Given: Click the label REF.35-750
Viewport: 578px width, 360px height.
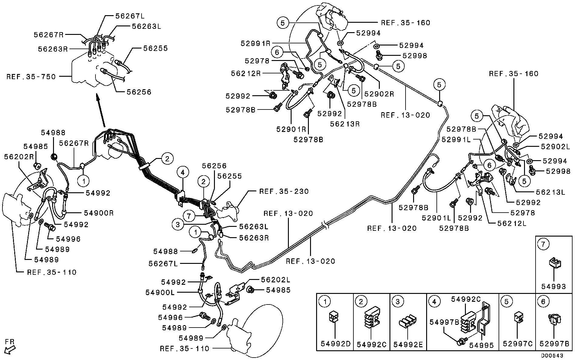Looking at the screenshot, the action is click(31, 77).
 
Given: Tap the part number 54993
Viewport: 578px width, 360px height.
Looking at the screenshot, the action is click(553, 286).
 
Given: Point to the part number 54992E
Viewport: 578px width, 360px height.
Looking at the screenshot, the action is click(408, 345).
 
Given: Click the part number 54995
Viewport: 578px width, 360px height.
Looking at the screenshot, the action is click(481, 345).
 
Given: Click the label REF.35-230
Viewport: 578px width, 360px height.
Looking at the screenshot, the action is click(284, 191).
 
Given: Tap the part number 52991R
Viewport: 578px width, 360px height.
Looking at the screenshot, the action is click(256, 43).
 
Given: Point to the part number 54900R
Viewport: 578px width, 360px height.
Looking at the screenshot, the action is click(99, 213).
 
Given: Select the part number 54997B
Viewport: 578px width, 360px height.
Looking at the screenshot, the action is click(444, 322).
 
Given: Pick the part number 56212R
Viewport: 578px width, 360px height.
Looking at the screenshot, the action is click(246, 73).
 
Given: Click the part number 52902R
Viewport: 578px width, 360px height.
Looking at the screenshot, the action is click(379, 94).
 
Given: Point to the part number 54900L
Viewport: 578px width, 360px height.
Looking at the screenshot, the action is click(160, 292).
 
